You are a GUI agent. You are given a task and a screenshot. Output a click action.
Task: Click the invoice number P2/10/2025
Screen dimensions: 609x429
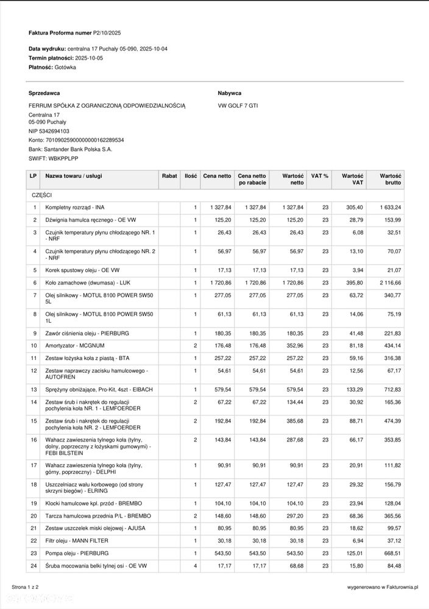point(107,33)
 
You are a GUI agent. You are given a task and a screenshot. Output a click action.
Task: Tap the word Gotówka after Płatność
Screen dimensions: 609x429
point(65,68)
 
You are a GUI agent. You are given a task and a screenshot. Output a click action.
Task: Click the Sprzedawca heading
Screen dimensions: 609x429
point(44,93)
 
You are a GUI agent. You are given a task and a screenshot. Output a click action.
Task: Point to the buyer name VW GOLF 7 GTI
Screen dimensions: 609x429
point(238,105)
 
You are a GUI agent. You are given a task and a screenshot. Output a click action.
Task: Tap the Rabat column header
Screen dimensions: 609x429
point(169,176)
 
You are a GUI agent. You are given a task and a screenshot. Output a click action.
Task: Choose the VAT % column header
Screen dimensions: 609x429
point(319,176)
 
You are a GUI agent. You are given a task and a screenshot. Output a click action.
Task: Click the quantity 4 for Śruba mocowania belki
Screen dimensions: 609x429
point(196,566)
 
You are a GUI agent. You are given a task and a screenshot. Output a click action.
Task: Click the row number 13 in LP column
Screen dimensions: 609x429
point(34,389)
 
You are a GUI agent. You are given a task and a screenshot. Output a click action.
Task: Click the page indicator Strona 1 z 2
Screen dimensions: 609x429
point(25,587)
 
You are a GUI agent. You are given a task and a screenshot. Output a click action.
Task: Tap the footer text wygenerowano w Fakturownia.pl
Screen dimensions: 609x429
point(383,587)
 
